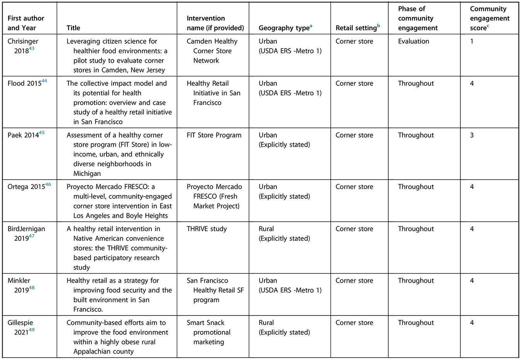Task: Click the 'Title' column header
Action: tap(73, 28)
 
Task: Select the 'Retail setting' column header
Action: tap(356, 28)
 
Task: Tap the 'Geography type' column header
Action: tap(284, 28)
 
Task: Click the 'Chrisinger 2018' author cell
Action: tap(23, 46)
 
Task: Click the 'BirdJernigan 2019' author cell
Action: tap(26, 233)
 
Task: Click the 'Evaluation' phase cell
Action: tap(413, 41)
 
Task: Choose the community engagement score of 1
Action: tap(472, 41)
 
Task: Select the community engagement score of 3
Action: tap(472, 135)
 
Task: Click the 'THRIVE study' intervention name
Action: tap(207, 229)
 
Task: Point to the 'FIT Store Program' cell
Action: tap(214, 135)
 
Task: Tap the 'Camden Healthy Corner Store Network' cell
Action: tap(212, 51)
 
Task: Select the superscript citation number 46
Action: tap(48, 185)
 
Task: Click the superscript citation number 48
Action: tap(32, 288)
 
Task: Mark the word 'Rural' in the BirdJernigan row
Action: tap(266, 229)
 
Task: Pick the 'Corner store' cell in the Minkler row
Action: tap(354, 281)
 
